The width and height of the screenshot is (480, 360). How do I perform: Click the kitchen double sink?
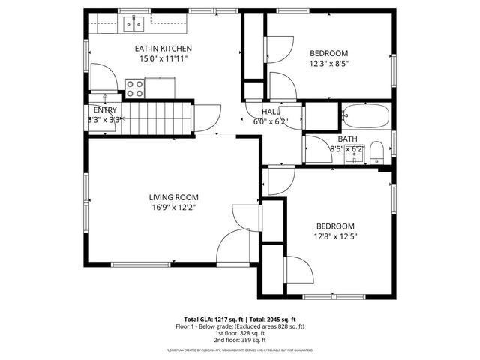(x=134, y=24)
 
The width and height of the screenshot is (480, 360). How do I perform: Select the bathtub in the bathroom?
(x=365, y=116)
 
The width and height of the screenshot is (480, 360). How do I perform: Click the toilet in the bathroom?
(x=377, y=153)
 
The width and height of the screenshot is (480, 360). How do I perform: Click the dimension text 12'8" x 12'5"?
(x=335, y=236)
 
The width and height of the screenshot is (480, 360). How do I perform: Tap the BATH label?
(x=347, y=139)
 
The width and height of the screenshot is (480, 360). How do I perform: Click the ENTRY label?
(x=105, y=109)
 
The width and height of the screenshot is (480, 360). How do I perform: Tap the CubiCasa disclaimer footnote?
(x=239, y=350)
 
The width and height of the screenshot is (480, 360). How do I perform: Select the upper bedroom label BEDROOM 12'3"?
(x=329, y=53)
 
